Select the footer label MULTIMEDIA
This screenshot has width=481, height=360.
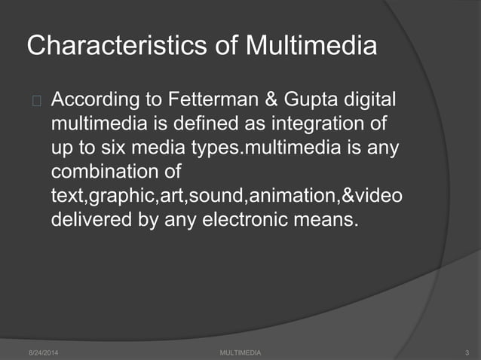240,352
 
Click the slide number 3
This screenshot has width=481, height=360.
468,352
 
